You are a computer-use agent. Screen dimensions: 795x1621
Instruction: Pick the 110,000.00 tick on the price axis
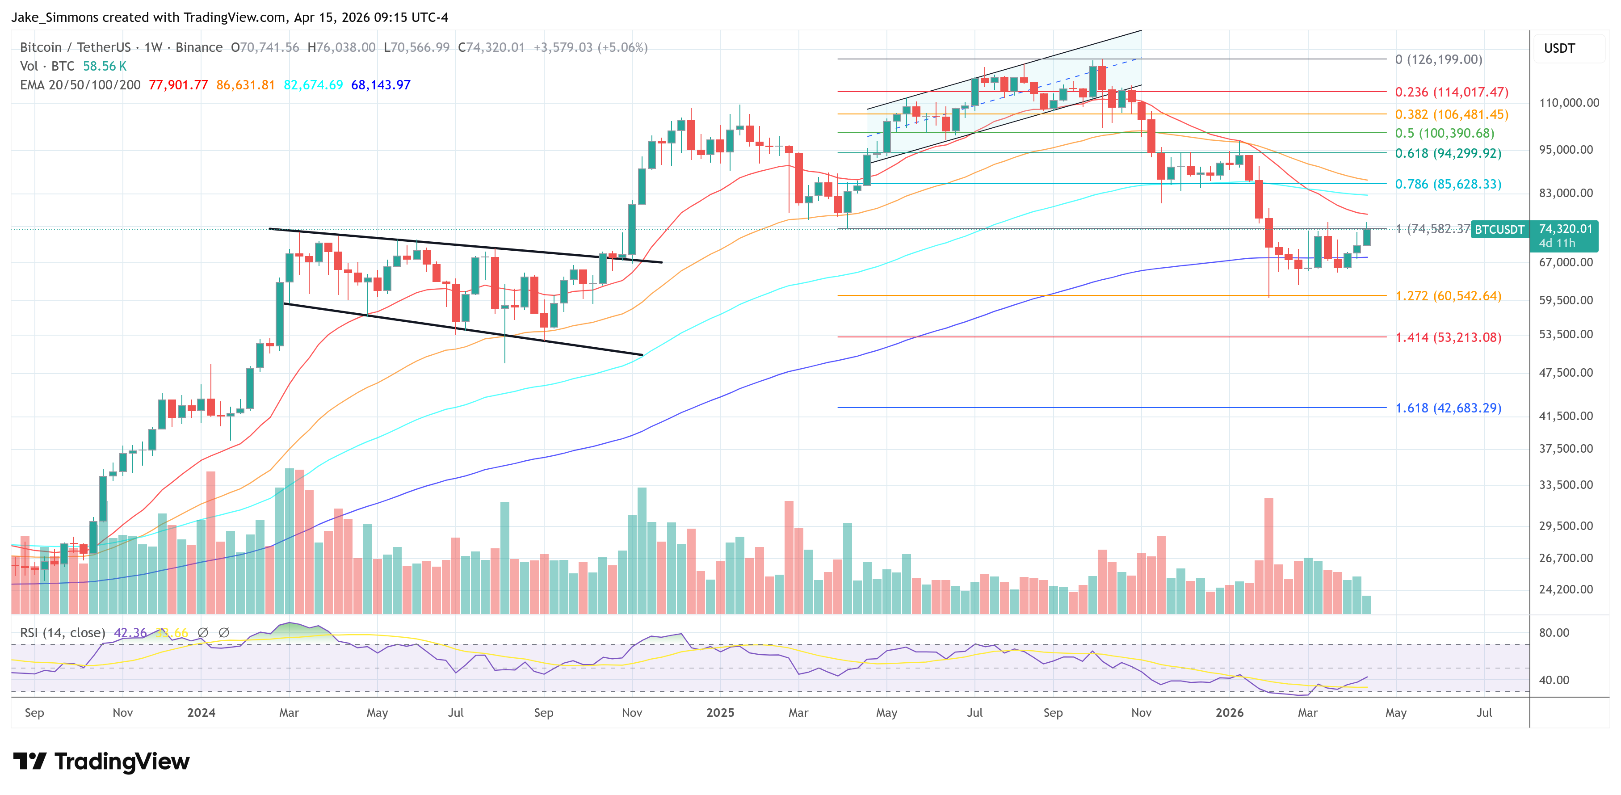pos(1568,103)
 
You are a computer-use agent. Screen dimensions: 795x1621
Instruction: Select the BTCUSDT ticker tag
pos(1499,230)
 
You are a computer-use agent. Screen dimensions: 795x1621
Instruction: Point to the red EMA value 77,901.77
pos(178,85)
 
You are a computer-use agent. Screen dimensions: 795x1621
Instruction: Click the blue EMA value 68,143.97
pos(381,85)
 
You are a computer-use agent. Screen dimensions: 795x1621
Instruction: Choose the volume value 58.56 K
pos(105,66)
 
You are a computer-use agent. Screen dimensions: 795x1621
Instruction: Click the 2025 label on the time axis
pos(720,712)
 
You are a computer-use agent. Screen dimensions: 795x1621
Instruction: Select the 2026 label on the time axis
pos(1229,712)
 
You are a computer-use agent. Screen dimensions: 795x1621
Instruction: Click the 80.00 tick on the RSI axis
pos(1554,633)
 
